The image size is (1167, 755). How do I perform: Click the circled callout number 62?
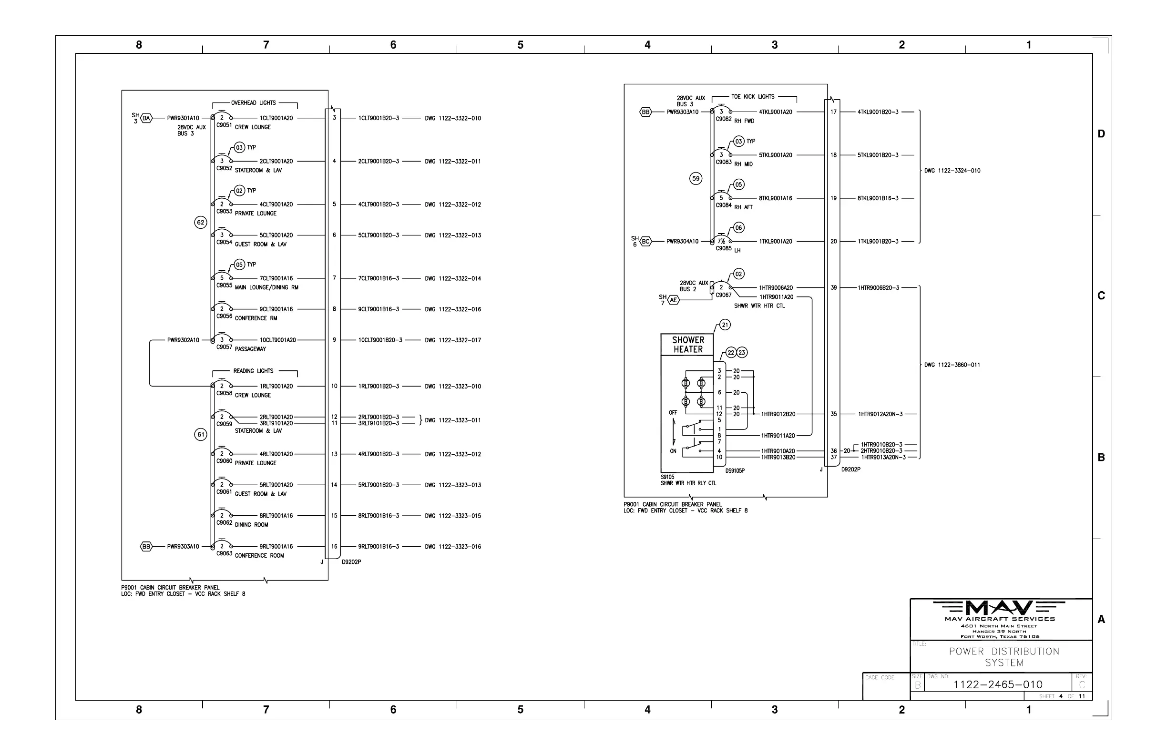(201, 223)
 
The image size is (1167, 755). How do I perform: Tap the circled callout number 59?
(696, 178)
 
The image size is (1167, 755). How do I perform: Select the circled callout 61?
(201, 434)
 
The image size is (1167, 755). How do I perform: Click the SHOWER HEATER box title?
(687, 345)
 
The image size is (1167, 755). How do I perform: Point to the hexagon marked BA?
(146, 118)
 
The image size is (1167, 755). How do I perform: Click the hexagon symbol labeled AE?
(674, 300)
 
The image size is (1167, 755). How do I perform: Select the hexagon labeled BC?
(646, 241)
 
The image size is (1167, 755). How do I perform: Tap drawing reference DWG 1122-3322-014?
(452, 278)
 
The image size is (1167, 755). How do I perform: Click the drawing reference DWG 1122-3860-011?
(952, 365)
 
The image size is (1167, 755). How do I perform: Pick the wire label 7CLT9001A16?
(276, 278)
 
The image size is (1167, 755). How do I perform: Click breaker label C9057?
(224, 347)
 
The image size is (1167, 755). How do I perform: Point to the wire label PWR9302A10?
(183, 340)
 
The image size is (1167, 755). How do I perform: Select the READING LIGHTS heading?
(253, 371)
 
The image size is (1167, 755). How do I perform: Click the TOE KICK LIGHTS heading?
(753, 97)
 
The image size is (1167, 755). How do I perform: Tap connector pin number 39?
(834, 288)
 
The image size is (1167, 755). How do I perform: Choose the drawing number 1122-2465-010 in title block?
(997, 684)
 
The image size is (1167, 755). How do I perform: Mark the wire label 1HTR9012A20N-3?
(880, 414)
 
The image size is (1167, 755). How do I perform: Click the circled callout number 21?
(725, 325)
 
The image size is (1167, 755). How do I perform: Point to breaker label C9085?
(723, 248)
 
